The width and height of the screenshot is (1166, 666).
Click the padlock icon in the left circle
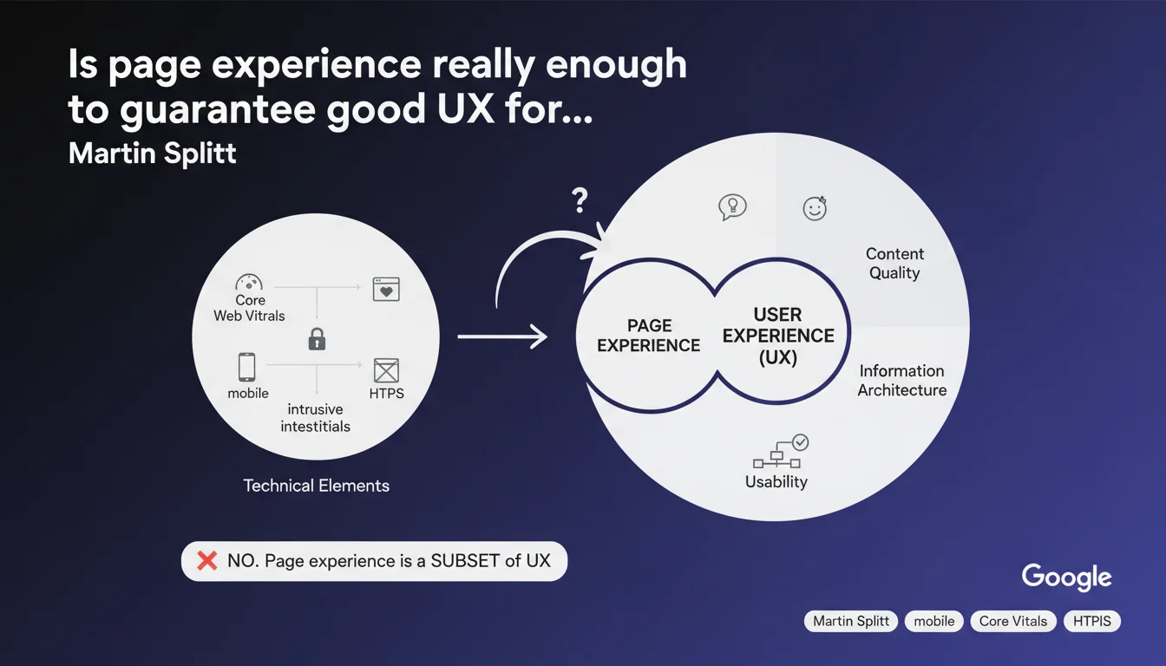tap(317, 339)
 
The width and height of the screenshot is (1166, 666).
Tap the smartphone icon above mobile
tap(246, 367)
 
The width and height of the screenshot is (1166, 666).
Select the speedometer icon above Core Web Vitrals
tap(249, 282)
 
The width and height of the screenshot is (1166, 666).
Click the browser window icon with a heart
tap(386, 290)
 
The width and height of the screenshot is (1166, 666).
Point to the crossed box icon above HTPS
tap(386, 371)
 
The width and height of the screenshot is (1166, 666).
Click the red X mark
tap(207, 561)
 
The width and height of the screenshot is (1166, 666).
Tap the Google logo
tap(1066, 577)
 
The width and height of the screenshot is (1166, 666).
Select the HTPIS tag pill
tap(1092, 621)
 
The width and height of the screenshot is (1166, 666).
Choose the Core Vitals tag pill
tap(1013, 621)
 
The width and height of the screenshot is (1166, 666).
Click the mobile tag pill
tap(933, 621)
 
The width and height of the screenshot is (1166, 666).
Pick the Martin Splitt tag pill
tap(851, 621)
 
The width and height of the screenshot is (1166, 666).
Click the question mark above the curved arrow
tap(580, 200)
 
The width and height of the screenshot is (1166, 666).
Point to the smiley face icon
tap(815, 209)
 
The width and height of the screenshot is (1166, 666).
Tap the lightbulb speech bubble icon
tap(732, 207)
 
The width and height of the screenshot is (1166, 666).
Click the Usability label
tap(776, 482)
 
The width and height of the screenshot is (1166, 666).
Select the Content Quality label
tap(894, 264)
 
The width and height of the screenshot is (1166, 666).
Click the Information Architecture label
tap(902, 381)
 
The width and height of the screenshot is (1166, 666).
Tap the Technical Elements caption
tap(317, 486)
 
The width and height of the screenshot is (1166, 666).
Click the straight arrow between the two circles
tap(502, 336)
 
